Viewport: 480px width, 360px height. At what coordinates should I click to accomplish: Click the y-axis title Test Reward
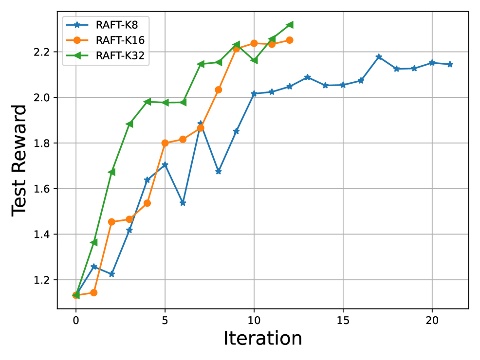19,160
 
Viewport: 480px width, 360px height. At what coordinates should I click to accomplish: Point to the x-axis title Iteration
263,339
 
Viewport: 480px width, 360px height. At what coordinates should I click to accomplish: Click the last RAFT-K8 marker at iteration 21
450,64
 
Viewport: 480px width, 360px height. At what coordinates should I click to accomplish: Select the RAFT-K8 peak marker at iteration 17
379,57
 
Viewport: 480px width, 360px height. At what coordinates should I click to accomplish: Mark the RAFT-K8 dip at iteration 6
183,203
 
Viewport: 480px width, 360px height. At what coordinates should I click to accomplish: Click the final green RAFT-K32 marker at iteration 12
290,24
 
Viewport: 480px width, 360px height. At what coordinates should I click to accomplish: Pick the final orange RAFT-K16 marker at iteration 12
290,40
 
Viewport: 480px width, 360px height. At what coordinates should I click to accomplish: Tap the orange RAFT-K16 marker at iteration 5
165,143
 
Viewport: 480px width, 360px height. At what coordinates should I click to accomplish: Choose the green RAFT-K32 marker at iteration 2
111,172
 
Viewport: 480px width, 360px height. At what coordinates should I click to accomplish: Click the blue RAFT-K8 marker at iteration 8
219,171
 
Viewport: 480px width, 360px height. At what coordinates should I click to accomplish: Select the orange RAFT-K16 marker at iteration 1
93,292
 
